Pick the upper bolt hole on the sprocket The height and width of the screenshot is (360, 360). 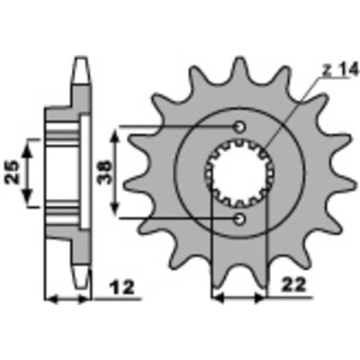click(239, 126)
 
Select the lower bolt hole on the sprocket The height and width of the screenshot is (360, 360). click(239, 219)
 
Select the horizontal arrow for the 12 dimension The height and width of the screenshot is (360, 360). click(68, 297)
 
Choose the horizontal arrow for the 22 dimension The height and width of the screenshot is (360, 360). click(238, 297)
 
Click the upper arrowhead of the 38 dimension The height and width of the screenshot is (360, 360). click(115, 132)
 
